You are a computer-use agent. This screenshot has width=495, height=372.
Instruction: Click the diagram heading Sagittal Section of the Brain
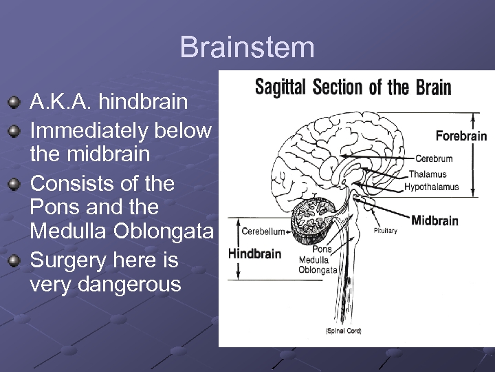353,87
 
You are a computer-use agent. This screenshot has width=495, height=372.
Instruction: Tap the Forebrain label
461,136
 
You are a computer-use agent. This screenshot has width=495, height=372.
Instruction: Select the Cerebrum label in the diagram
434,159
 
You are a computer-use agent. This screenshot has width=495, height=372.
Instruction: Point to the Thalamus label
428,174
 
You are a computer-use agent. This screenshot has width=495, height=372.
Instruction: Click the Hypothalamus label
431,187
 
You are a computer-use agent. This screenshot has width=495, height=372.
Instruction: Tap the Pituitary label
385,231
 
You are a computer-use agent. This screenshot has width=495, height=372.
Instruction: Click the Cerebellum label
263,231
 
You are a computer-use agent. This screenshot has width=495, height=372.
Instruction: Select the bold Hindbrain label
254,254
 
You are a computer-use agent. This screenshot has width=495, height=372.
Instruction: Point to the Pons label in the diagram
322,249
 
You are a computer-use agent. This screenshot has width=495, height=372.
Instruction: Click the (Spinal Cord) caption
343,331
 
